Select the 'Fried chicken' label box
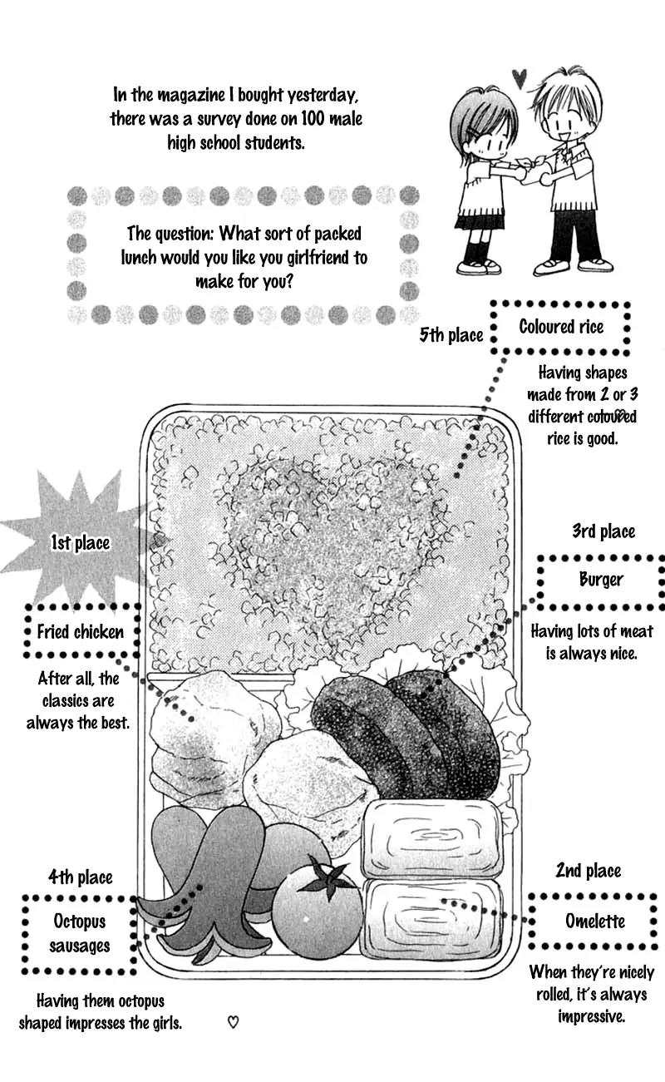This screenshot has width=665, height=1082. (81, 631)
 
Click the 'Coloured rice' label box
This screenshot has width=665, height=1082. (561, 327)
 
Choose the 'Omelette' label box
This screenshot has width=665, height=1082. (594, 921)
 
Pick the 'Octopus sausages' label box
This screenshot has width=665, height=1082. (80, 933)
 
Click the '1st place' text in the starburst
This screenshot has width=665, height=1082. (80, 543)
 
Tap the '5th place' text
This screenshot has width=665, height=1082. (451, 334)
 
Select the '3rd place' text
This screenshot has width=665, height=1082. (603, 531)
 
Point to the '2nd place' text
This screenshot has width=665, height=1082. (589, 871)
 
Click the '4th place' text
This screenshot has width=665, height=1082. (80, 877)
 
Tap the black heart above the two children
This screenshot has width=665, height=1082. (520, 78)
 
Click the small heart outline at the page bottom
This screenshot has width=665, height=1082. (234, 1022)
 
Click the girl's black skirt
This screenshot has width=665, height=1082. (479, 222)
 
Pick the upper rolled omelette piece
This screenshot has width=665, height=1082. (431, 838)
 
